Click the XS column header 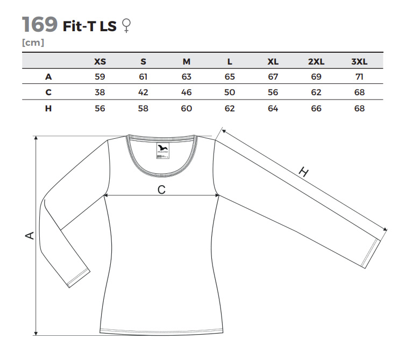[100, 61]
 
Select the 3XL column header [359, 61]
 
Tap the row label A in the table [48, 76]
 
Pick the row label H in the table [48, 108]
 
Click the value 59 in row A [99, 76]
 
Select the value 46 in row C [186, 93]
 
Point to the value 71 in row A [359, 76]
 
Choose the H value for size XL [273, 108]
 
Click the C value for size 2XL [316, 93]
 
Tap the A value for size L [230, 76]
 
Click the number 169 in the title [40, 24]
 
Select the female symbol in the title [126, 26]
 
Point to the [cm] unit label [33, 43]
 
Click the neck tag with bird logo [163, 151]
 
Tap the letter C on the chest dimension [161, 189]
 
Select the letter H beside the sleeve [303, 172]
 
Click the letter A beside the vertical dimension [30, 235]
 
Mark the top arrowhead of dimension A [36, 138]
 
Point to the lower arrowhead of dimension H [385, 229]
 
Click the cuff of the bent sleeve [79, 278]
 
